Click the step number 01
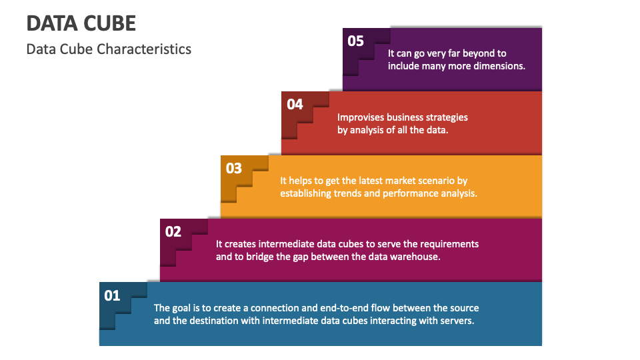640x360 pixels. [x=112, y=295]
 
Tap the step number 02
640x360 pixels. [x=173, y=232]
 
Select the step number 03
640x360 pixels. [x=234, y=168]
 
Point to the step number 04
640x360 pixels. [x=295, y=105]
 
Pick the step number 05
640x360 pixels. [x=355, y=41]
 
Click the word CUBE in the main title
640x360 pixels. [x=111, y=23]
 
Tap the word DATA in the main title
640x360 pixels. [x=53, y=23]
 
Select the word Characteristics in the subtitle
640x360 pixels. [x=144, y=49]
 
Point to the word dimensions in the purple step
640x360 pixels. [x=499, y=66]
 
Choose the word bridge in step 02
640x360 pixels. [x=261, y=257]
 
